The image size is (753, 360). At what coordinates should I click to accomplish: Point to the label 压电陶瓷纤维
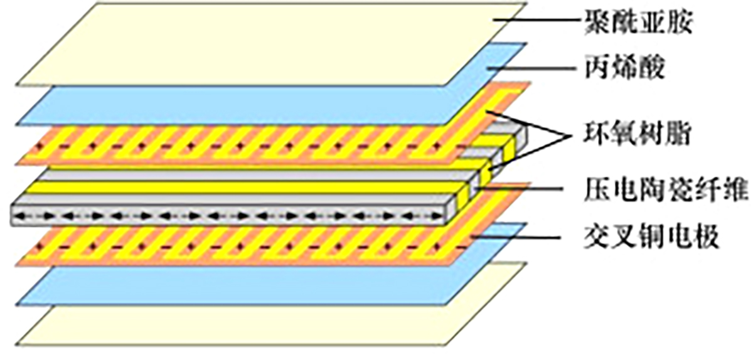(666, 189)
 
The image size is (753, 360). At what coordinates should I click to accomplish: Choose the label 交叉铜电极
(651, 237)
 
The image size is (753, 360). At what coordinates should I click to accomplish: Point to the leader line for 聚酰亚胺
(538, 21)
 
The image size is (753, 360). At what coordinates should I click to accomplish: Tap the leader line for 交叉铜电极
(516, 237)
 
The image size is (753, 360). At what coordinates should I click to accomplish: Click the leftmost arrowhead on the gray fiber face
(21, 216)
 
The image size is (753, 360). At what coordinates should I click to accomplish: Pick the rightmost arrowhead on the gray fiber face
(435, 216)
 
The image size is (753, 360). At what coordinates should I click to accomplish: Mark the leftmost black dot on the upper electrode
(41, 147)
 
